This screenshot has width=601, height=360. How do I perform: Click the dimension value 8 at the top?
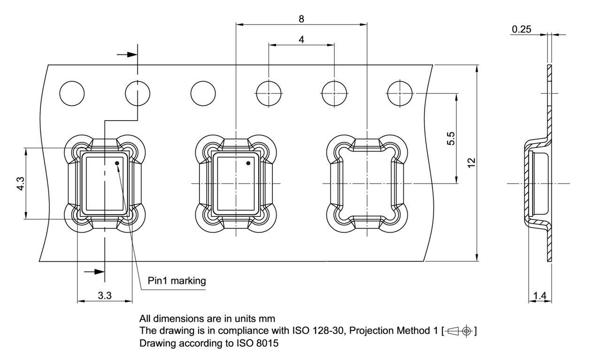click(301, 19)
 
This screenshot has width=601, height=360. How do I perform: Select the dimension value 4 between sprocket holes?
click(301, 40)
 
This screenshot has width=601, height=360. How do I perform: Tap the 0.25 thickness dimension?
click(522, 30)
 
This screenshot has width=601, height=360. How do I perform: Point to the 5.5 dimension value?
click(451, 139)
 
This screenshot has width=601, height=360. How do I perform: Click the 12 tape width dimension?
click(472, 162)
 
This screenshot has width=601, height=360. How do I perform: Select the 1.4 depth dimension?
click(540, 296)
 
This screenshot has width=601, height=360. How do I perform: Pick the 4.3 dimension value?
click(20, 183)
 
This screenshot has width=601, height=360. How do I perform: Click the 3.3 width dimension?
click(104, 296)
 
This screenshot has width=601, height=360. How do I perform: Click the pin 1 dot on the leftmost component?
click(117, 163)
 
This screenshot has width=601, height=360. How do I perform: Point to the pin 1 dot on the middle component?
click(249, 163)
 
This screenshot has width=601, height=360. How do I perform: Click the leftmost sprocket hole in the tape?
click(72, 93)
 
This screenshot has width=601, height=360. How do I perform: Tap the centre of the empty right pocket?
click(366, 183)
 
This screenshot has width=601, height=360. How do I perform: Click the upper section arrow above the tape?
click(127, 55)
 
